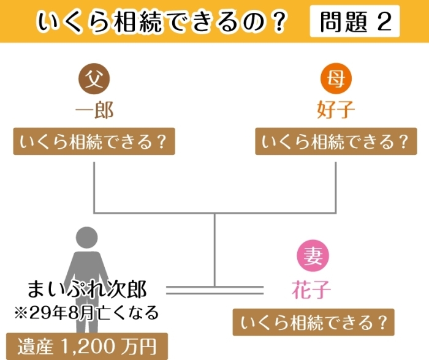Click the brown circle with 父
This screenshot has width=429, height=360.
94,79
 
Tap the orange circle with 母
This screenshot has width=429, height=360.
336,79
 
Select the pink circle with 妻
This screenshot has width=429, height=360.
313,255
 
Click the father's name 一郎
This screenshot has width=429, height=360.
94,110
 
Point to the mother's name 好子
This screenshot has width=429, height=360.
336,110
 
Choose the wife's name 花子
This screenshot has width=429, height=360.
311,290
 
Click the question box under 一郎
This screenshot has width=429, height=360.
94,141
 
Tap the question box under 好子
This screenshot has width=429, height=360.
336,141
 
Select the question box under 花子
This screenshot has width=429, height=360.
314,322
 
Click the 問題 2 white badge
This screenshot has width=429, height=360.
355,21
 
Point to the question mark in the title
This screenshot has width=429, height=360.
279,21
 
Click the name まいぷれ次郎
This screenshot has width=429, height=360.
87,289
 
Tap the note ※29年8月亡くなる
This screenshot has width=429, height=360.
86,313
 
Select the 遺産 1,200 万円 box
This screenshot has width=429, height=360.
87,347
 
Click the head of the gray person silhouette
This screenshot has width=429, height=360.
87,238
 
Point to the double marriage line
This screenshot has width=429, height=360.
214,290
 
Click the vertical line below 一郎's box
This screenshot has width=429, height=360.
94,187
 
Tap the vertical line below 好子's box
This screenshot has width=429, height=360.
336,187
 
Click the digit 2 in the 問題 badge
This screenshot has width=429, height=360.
384,21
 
